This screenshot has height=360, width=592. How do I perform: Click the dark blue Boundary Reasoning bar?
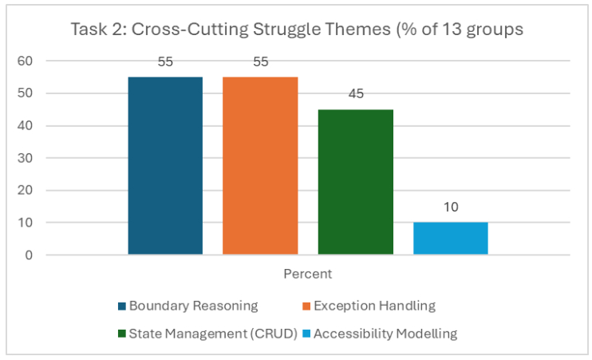(165, 166)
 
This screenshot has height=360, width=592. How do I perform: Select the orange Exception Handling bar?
(260, 166)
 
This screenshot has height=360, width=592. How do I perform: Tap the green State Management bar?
(355, 182)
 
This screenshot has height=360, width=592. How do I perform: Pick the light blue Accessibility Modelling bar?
(451, 239)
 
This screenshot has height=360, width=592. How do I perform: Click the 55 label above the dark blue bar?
(165, 62)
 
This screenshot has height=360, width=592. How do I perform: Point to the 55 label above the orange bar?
(260, 62)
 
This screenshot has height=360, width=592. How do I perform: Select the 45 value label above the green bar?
(356, 94)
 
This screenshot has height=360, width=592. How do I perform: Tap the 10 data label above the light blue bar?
(451, 208)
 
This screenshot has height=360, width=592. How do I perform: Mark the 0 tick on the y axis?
(28, 255)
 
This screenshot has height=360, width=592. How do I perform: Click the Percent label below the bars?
(308, 274)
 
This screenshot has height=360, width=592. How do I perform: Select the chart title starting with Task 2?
(296, 30)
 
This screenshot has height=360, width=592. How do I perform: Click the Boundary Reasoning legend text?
(193, 306)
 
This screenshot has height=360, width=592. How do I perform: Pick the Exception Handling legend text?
(374, 306)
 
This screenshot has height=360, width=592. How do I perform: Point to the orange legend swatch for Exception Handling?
(306, 306)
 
